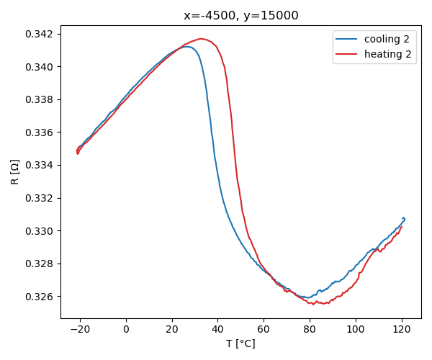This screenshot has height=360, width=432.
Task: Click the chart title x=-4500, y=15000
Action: (x=241, y=16)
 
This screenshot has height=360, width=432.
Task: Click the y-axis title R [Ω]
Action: (x=15, y=173)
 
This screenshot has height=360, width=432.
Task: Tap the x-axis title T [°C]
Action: (x=241, y=343)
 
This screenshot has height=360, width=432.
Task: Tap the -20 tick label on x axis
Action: (x=78, y=330)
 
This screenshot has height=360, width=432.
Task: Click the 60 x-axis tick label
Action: (x=264, y=330)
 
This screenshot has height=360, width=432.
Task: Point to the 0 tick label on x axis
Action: (x=126, y=330)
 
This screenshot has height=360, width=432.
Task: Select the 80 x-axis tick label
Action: (x=310, y=330)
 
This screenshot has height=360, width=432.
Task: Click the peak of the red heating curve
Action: (x=201, y=39)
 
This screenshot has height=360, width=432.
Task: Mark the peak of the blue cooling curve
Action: (x=187, y=47)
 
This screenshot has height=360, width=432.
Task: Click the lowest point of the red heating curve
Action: (x=314, y=304)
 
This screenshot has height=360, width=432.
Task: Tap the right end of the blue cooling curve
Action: (x=405, y=219)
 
